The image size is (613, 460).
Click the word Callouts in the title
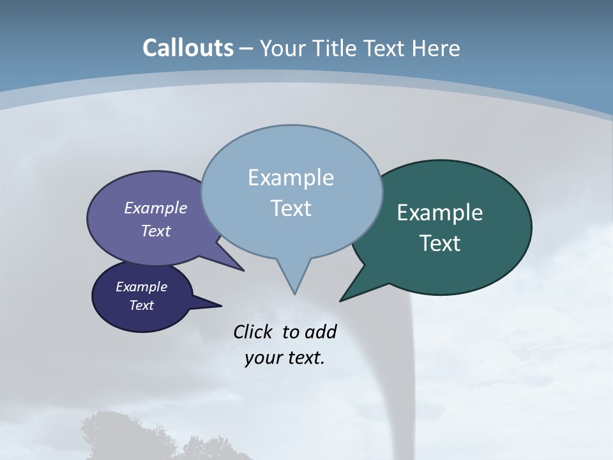(x=188, y=48)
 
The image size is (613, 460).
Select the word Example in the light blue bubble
(x=291, y=178)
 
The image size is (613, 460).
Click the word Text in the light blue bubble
(x=291, y=208)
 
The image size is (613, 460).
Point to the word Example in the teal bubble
(x=440, y=212)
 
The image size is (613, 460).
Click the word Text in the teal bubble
(x=440, y=243)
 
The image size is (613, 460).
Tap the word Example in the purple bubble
(x=155, y=208)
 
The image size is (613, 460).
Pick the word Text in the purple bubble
(x=155, y=231)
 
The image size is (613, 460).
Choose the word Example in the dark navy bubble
(x=141, y=287)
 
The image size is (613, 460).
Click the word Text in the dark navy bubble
(x=141, y=305)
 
